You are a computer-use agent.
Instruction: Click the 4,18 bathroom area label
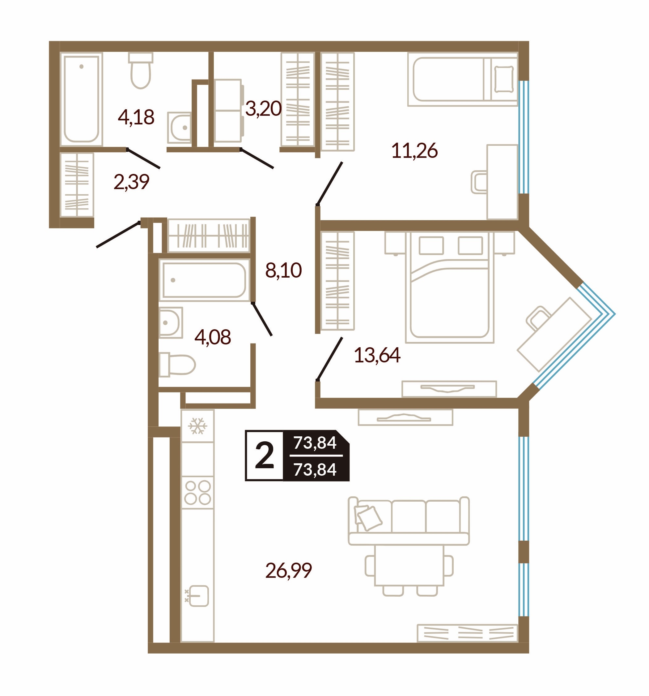[136, 117]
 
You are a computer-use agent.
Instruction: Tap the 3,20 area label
[263, 109]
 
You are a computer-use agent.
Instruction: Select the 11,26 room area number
[414, 150]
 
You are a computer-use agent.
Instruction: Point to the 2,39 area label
[131, 182]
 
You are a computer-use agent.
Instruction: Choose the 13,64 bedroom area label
[377, 355]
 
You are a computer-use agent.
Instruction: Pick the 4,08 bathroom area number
[213, 337]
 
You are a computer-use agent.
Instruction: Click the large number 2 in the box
[264, 456]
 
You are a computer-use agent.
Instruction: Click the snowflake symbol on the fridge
[197, 426]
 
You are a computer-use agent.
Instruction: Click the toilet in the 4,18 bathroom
[141, 70]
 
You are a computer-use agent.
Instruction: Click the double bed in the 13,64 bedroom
[450, 287]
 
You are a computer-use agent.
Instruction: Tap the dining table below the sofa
[409, 565]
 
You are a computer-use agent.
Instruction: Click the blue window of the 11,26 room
[524, 137]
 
